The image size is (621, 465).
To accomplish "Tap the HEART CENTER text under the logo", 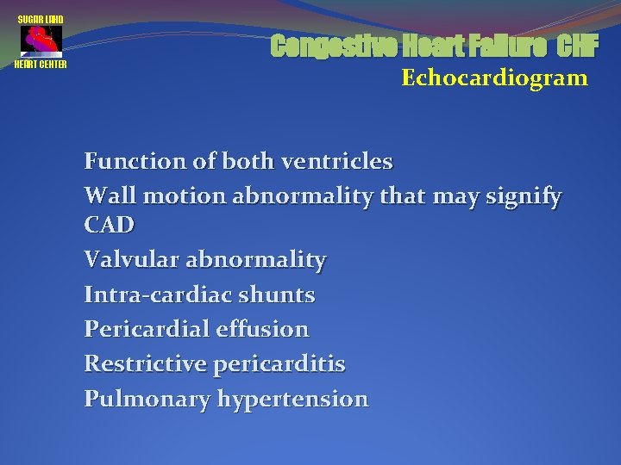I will pos(41,65).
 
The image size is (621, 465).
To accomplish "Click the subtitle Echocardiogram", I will pos(494,78).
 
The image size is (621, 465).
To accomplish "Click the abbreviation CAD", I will pos(110,225).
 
